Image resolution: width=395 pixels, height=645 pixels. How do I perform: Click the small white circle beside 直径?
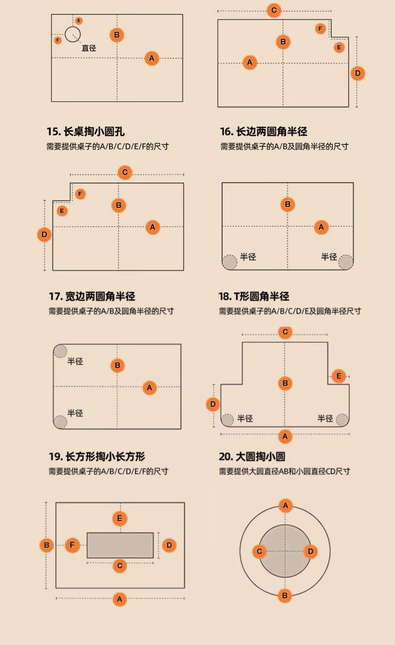(x=72, y=34)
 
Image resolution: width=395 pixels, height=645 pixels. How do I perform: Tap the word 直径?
(x=89, y=48)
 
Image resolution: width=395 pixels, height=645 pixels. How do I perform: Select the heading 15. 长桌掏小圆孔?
(x=86, y=132)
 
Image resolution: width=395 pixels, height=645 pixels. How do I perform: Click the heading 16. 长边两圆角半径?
(x=264, y=132)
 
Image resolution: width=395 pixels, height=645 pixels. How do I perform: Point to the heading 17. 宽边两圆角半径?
(x=92, y=296)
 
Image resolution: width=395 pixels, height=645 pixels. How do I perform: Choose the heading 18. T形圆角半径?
(x=254, y=296)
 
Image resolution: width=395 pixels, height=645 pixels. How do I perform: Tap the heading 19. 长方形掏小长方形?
(x=97, y=457)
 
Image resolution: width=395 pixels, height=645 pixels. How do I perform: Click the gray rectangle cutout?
(x=120, y=545)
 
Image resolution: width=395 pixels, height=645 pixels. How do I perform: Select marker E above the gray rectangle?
(x=120, y=519)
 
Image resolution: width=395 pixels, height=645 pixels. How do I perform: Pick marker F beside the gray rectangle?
(x=73, y=546)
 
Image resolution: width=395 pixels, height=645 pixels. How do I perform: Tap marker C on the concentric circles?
(x=259, y=551)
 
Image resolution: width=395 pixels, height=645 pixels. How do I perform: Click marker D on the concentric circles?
(x=310, y=551)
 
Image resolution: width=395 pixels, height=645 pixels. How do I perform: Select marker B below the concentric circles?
(x=285, y=596)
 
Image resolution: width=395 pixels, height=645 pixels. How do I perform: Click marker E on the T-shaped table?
(x=338, y=376)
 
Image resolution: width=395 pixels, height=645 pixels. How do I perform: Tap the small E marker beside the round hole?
(x=79, y=20)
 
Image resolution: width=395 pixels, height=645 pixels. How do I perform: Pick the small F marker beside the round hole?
(x=58, y=40)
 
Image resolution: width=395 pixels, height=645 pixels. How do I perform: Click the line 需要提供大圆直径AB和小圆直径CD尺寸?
(x=284, y=471)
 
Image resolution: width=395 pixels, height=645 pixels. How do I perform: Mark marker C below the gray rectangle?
(x=120, y=565)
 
